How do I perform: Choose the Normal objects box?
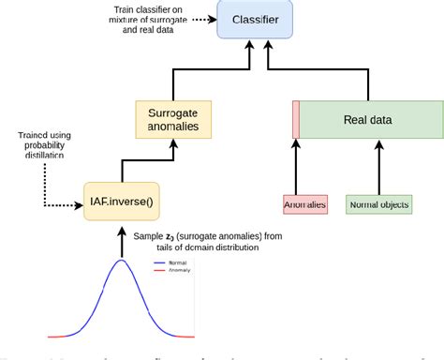click(x=378, y=202)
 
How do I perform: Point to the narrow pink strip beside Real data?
click(x=295, y=120)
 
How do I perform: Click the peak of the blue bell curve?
click(x=121, y=262)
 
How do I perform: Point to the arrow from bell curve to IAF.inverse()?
click(x=120, y=238)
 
